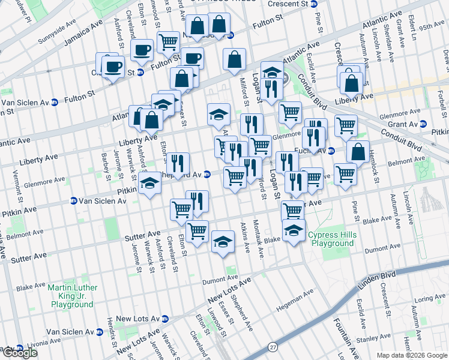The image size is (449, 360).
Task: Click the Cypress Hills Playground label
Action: [x=332, y=239]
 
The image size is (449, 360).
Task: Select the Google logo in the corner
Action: [x=20, y=353]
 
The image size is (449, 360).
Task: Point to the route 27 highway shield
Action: [x=274, y=347]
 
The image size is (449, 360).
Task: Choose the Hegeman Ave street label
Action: [x=295, y=301]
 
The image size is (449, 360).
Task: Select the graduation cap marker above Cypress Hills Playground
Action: [x=294, y=230]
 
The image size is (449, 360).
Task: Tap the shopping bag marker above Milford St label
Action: [x=234, y=59]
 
